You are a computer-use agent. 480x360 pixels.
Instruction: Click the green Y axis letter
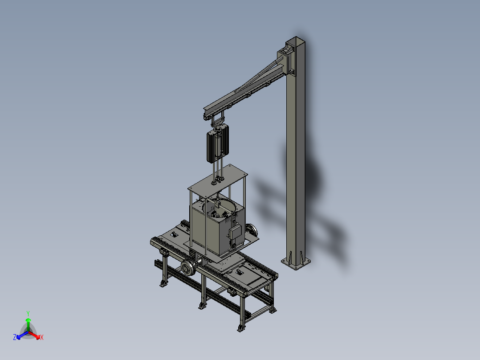[x=28, y=313]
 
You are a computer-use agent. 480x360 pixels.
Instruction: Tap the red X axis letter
[x=42, y=338]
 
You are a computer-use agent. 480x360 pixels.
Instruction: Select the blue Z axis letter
[x=15, y=338]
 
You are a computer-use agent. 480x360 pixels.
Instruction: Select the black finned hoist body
[x=217, y=143]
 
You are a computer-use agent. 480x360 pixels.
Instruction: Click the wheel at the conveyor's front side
[x=188, y=269]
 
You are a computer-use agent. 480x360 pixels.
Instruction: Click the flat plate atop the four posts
[x=217, y=178]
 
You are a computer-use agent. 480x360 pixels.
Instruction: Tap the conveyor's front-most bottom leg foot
[x=241, y=328]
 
